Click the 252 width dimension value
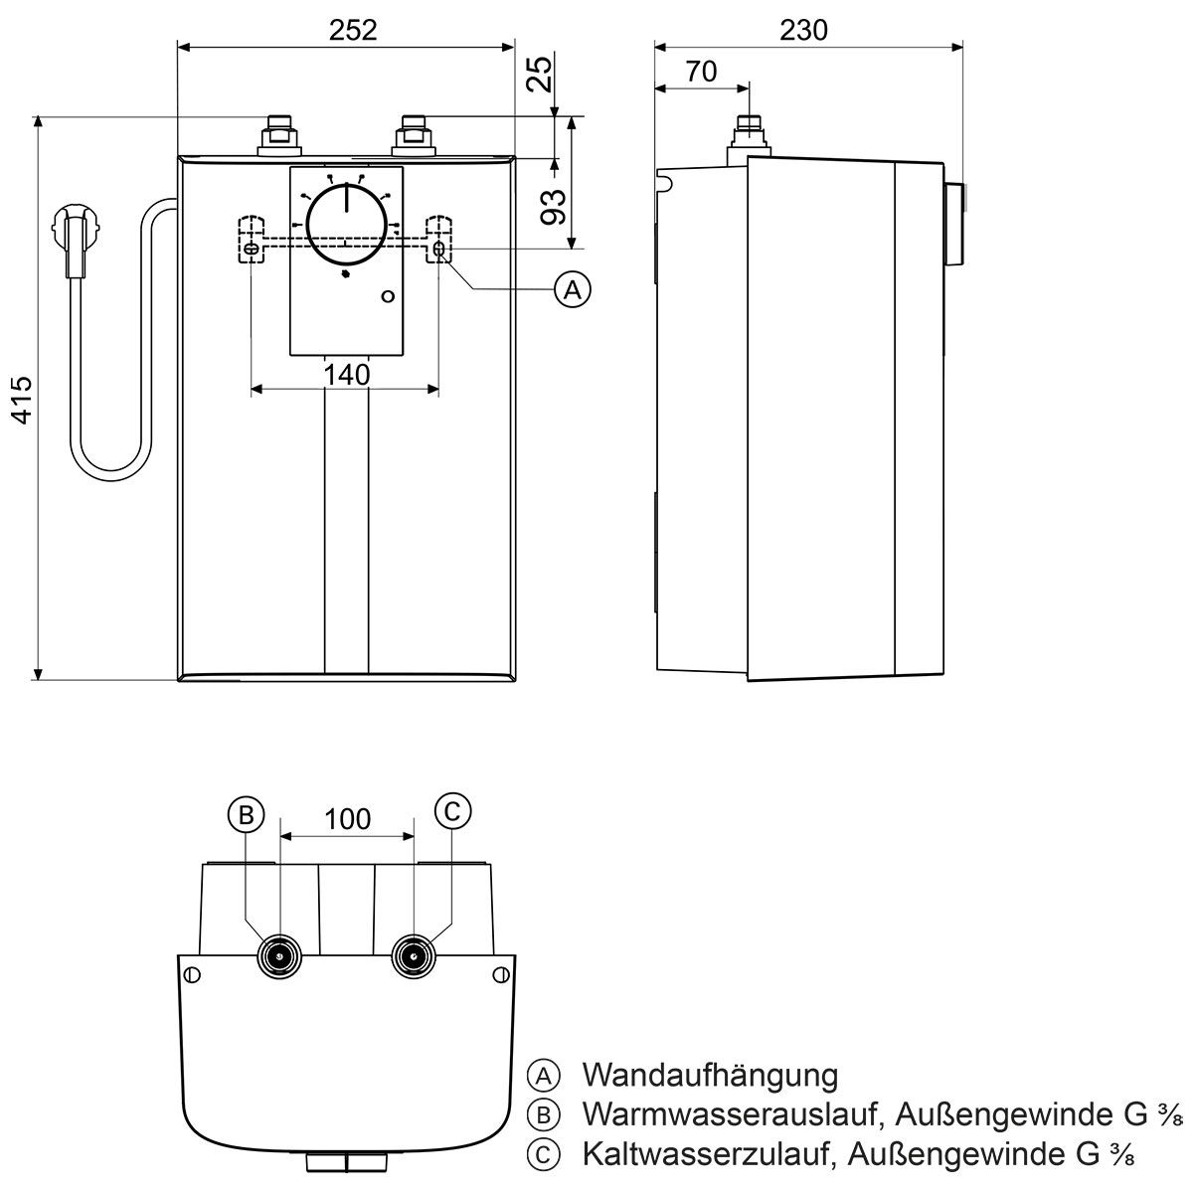pos(354,30)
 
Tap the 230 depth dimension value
pos(803,30)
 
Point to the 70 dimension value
pos(701,72)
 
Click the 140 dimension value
pos(346,375)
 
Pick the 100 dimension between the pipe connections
pos(347,819)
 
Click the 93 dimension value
pos(554,206)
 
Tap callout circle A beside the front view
pos(572,289)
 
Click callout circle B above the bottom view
pos(246,813)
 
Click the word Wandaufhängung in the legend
pos(710,1075)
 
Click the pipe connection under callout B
pos(279,956)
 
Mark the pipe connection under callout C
pos(412,956)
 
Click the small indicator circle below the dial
pos(388,296)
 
